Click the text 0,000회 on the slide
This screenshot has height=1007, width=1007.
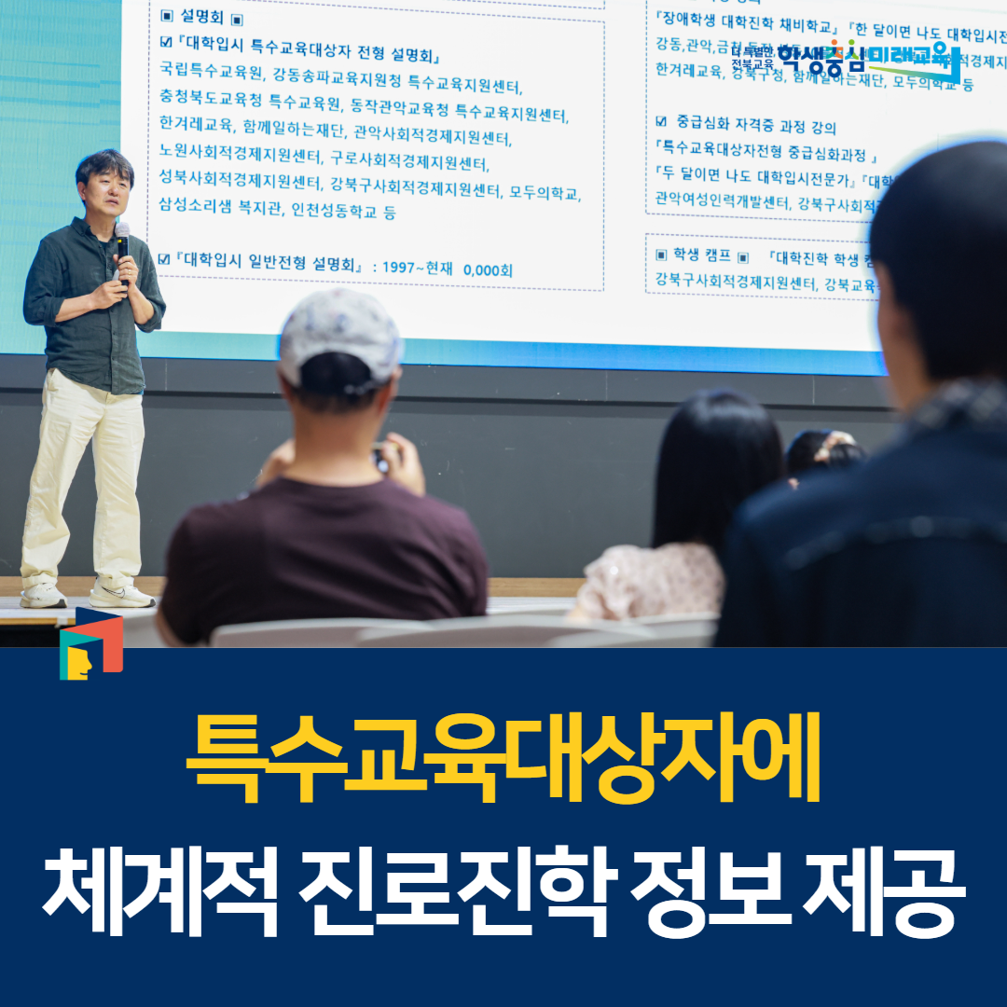tap(488, 269)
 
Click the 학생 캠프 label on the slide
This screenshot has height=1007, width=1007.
tap(703, 255)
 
